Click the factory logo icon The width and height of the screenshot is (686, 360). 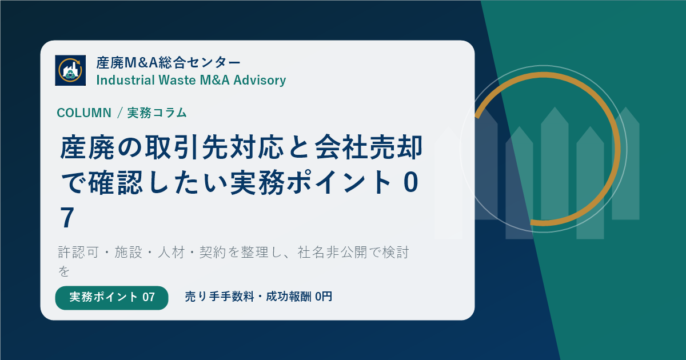tap(70, 70)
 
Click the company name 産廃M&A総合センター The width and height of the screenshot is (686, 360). tap(169, 63)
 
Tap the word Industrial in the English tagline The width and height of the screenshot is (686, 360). tap(126, 80)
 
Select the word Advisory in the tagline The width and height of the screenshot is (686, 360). tap(260, 81)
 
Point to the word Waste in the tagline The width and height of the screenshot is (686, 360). tap(177, 80)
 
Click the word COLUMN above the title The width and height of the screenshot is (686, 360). tap(84, 113)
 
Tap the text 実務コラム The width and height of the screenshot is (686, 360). tap(157, 113)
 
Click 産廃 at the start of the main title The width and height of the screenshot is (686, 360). tap(87, 147)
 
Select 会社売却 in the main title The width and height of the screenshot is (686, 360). tap(369, 147)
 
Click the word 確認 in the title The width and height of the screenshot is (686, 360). tap(115, 183)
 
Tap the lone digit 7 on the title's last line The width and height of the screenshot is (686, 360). tap(67, 218)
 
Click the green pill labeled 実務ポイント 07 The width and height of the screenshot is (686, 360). tap(112, 298)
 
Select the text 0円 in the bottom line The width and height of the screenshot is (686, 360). tap(324, 297)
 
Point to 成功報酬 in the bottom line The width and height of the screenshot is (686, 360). tap(289, 297)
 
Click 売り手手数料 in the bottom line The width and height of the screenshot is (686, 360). tap(220, 297)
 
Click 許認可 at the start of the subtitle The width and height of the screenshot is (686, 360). tap(79, 253)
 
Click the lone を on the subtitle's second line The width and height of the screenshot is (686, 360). tap(64, 271)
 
